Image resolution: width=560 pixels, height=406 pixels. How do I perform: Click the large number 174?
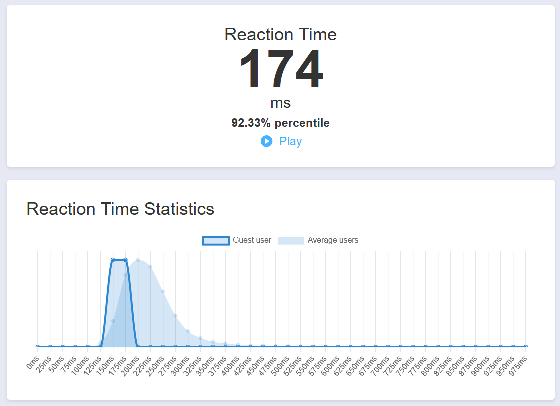click(281, 69)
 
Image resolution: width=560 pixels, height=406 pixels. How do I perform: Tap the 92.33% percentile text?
click(280, 123)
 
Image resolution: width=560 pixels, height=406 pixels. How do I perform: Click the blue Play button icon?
click(266, 141)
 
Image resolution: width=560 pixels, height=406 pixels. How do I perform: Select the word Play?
click(290, 141)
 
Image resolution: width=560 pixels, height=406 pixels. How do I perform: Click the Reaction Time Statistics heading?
click(120, 209)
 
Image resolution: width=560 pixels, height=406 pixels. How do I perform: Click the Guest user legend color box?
click(216, 240)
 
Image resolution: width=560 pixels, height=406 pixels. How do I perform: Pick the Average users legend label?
click(333, 240)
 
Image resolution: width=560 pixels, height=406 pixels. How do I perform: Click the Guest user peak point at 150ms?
click(113, 260)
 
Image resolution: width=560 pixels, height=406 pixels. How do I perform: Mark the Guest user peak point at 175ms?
click(125, 260)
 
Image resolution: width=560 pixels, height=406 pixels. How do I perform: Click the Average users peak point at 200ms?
click(138, 260)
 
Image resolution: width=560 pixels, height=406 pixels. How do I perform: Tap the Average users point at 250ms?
click(163, 291)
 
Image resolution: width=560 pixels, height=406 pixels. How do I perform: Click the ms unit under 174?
click(280, 103)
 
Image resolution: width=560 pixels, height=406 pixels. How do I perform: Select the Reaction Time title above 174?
click(280, 34)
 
